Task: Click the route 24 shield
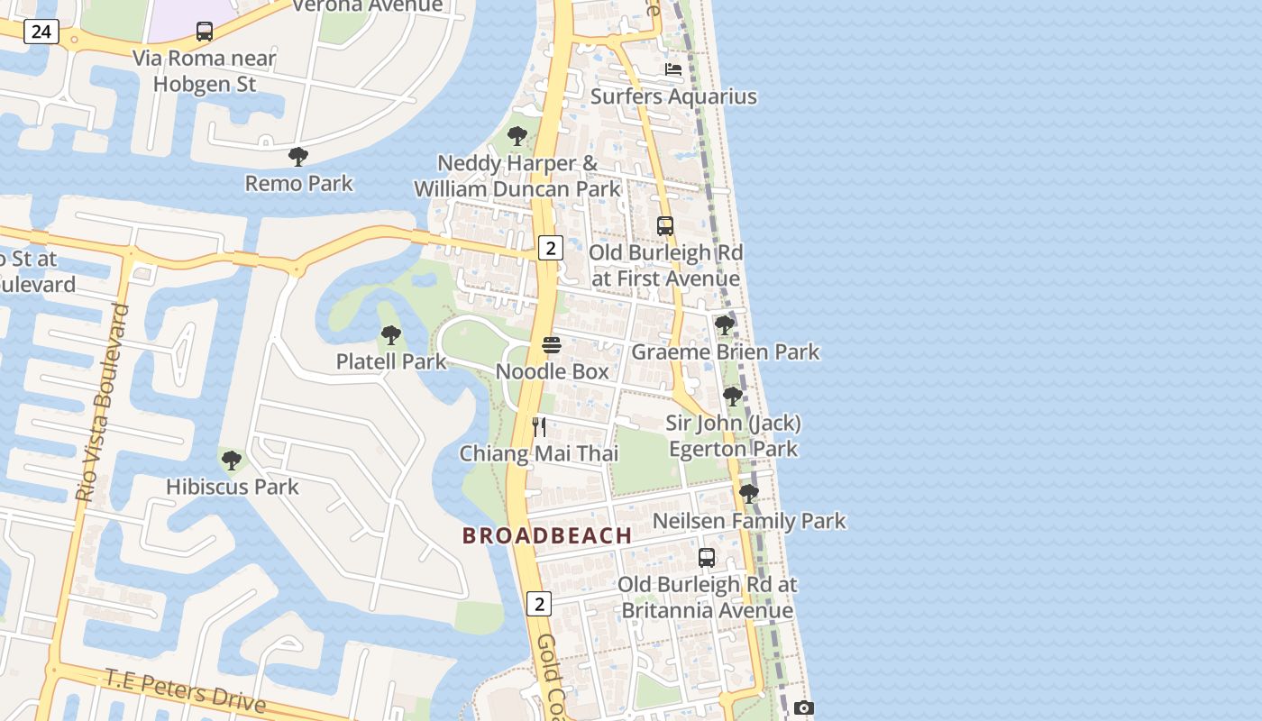point(41,32)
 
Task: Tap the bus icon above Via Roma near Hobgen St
point(205,32)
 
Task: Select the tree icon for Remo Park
point(298,157)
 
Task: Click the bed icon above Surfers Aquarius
point(673,69)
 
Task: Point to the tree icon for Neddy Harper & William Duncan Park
point(517,136)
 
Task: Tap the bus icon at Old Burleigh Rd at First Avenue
point(665,226)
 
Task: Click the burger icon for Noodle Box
point(552,345)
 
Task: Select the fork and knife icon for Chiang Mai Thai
point(539,426)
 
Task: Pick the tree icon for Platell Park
point(391,335)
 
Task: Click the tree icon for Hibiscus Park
point(232,461)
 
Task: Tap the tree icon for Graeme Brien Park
point(725,324)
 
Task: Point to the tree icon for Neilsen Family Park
point(748,493)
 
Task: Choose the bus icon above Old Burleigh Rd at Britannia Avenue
point(707,558)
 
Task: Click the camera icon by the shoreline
point(804,708)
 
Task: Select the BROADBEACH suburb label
point(547,535)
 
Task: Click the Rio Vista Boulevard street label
point(102,403)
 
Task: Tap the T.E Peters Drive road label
point(185,690)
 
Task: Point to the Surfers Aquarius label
point(673,96)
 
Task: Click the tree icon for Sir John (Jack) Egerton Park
point(733,396)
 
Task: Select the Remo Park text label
point(299,183)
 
